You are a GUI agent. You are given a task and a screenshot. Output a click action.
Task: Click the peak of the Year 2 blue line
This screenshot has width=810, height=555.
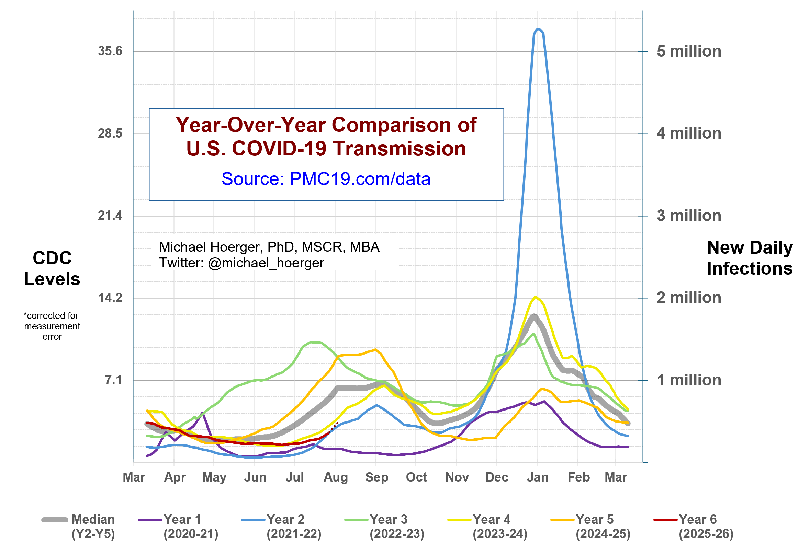click(538, 29)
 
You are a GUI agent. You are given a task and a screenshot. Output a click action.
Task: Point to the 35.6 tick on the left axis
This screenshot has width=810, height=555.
click(110, 51)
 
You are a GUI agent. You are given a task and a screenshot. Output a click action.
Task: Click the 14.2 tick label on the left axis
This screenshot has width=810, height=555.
click(110, 298)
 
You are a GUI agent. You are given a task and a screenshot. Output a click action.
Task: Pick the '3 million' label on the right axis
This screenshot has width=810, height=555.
click(688, 216)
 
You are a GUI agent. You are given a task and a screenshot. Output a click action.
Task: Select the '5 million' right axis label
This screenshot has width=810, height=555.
click(688, 51)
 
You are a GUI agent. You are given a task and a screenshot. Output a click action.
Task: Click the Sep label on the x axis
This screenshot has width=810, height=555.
click(376, 477)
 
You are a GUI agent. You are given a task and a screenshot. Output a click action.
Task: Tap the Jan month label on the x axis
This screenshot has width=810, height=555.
click(537, 477)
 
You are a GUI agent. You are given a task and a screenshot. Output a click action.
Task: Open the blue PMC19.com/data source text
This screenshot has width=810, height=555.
click(326, 179)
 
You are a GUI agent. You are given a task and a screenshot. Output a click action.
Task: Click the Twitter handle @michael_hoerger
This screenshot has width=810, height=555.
click(266, 263)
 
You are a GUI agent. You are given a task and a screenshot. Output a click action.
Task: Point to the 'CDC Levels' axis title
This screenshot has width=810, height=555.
click(52, 268)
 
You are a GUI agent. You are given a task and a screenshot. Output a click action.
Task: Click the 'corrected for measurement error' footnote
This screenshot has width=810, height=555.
click(52, 326)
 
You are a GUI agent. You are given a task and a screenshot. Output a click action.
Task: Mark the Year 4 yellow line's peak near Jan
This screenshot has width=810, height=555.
click(535, 297)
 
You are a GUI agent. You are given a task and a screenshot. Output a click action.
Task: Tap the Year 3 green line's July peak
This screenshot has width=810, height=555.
click(311, 342)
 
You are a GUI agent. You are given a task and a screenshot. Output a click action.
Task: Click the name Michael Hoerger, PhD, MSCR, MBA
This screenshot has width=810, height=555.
click(269, 247)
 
